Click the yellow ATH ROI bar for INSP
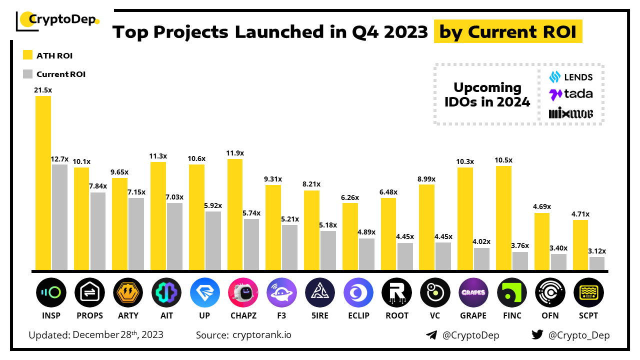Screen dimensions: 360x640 tap(43, 182)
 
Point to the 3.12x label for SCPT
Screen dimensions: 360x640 tap(597, 251)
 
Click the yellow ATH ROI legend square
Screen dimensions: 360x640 tap(28, 55)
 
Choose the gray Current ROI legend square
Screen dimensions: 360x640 tap(28, 74)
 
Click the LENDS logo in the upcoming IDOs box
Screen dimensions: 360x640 tap(571, 77)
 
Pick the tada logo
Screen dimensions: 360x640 tap(571, 94)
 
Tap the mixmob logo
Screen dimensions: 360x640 tap(571, 113)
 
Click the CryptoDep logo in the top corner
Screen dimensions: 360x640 tap(57, 20)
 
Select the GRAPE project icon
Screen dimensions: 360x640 tap(473, 293)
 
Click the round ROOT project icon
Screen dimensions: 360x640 tap(396, 293)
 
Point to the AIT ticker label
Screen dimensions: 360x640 tap(166, 315)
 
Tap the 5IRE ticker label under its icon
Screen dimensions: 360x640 tap(320, 315)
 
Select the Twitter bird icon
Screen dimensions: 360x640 tap(537, 335)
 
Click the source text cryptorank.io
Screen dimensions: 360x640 tap(261, 335)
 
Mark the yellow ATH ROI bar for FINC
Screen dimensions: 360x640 tap(504, 218)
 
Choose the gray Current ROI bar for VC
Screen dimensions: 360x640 tap(443, 256)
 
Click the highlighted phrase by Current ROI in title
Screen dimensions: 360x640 tap(507, 32)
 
